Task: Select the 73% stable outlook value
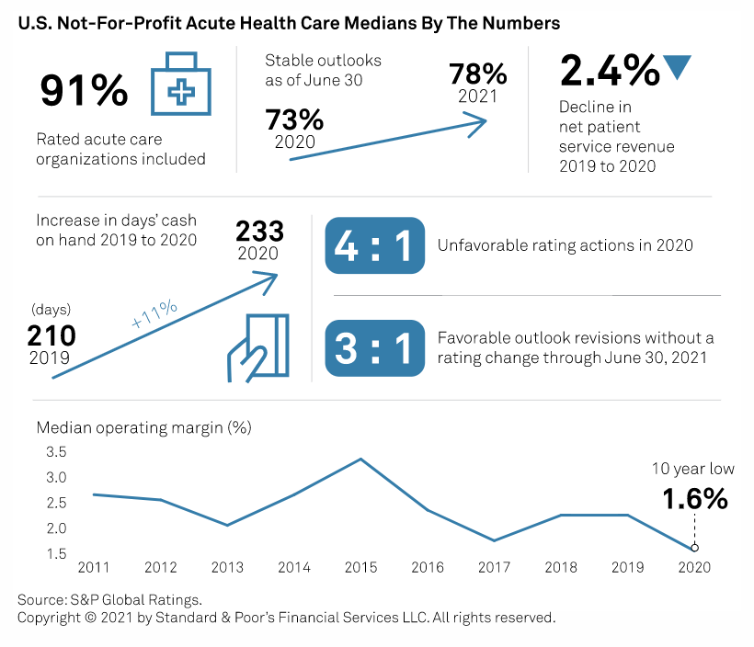pos(294,120)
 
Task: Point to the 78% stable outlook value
pos(477,74)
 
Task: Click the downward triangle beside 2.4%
pos(677,67)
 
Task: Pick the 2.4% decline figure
pos(608,71)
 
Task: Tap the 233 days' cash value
pos(260,231)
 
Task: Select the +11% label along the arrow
pos(154,313)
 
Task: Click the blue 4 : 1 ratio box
pos(375,245)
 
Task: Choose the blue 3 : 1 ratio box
pos(375,348)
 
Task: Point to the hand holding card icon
pos(257,347)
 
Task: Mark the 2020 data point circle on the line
pos(694,548)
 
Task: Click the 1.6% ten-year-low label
pos(695,499)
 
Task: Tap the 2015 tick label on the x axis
pos(361,568)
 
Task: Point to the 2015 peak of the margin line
pos(361,459)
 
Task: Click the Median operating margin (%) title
pos(143,427)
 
